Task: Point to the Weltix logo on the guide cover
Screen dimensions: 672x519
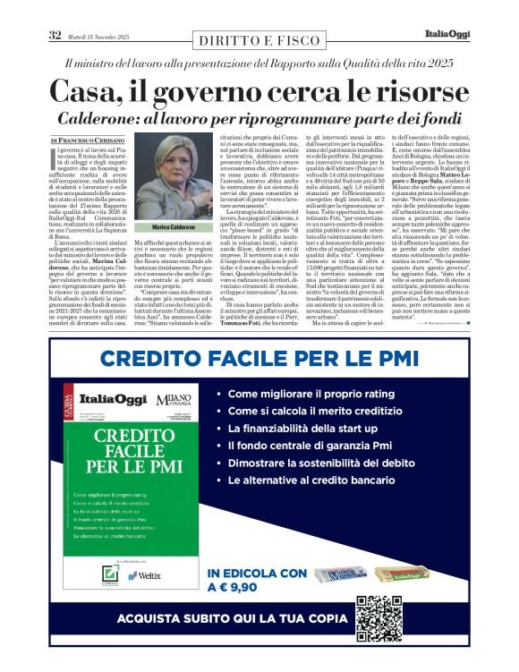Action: click(x=150, y=576)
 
